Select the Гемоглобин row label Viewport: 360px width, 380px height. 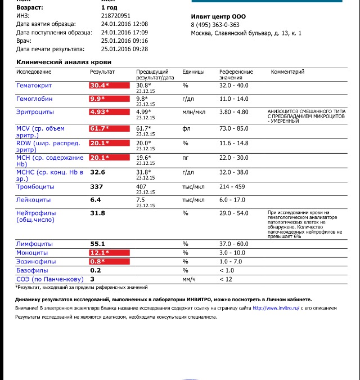[x=34, y=99]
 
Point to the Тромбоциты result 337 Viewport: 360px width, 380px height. [x=96, y=186]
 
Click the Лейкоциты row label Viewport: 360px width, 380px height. [x=34, y=200]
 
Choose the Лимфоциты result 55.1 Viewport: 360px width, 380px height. [x=98, y=244]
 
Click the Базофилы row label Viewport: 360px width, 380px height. [x=32, y=270]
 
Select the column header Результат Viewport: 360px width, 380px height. [x=102, y=72]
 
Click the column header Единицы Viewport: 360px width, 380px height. [x=193, y=72]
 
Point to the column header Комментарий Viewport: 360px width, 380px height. [x=287, y=72]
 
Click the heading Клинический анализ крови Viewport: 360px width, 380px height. [x=64, y=62]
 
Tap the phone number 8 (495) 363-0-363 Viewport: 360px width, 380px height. [x=215, y=25]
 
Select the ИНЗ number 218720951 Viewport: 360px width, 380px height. [x=116, y=16]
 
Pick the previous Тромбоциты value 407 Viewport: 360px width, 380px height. [x=142, y=186]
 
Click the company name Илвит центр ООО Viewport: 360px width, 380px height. [x=218, y=16]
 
